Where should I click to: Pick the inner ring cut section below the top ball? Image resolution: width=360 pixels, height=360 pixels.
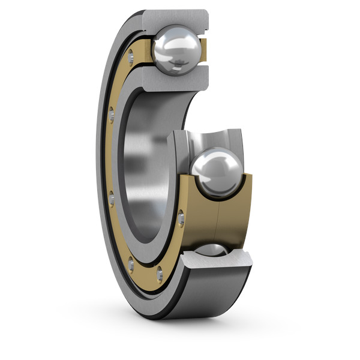175,77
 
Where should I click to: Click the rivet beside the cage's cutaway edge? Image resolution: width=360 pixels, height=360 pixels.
181,220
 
